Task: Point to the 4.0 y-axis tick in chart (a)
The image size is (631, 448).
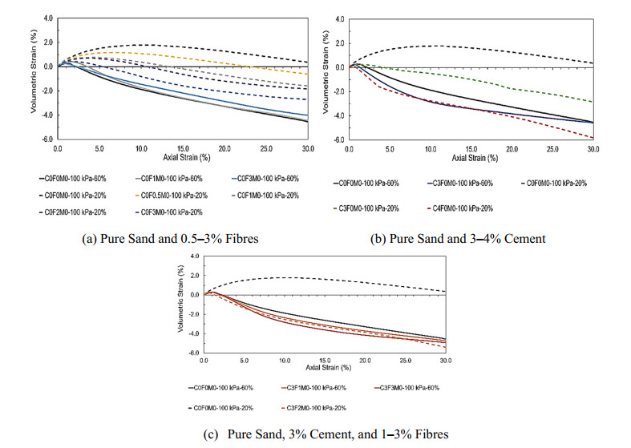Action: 49,17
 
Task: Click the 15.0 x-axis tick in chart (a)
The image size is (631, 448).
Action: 182,149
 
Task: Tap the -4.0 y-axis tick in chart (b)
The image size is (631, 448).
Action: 339,115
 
